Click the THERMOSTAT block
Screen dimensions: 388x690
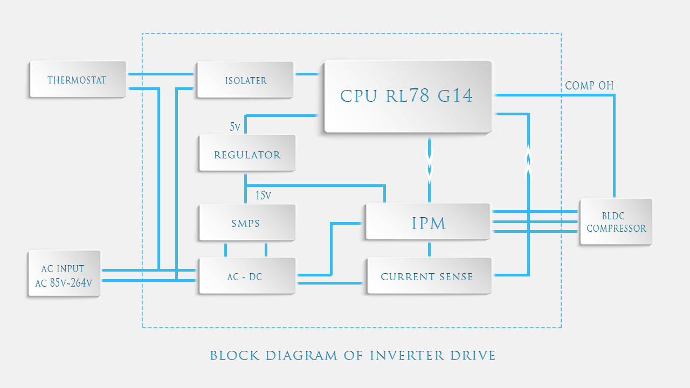(x=77, y=80)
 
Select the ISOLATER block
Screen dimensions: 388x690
(x=245, y=80)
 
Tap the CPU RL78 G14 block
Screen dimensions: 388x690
(x=407, y=96)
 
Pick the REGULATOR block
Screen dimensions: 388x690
(x=247, y=154)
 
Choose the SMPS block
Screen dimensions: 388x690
(x=246, y=223)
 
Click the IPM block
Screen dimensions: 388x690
(x=429, y=223)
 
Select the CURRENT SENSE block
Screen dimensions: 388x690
(x=427, y=276)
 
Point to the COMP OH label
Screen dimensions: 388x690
(x=589, y=86)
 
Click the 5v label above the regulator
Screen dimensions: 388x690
(x=235, y=127)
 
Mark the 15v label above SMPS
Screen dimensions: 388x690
(x=263, y=195)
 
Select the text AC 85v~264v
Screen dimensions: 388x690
(x=64, y=283)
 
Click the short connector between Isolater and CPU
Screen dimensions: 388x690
(x=308, y=74)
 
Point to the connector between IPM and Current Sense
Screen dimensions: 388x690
(x=430, y=249)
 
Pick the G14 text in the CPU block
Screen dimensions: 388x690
(x=455, y=96)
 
